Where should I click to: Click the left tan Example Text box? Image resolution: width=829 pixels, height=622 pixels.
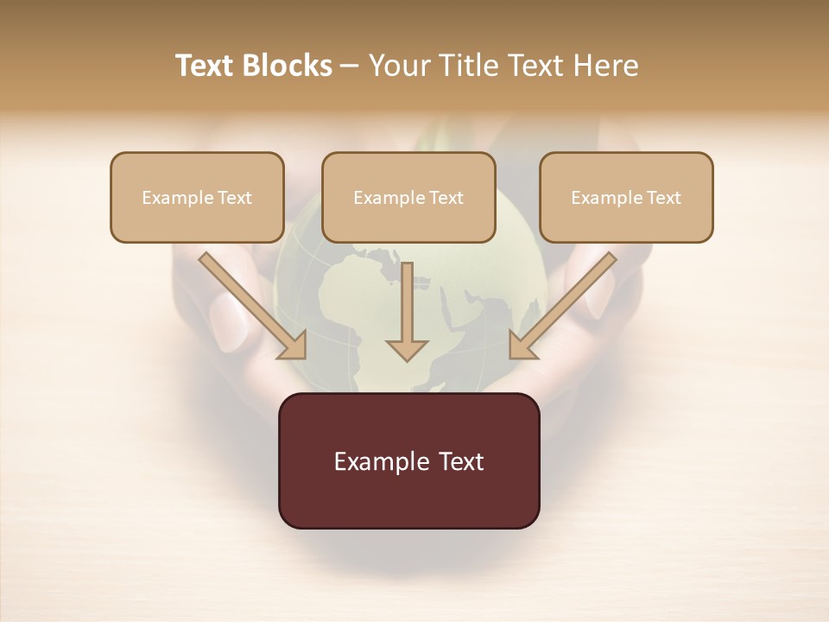pyautogui.click(x=197, y=197)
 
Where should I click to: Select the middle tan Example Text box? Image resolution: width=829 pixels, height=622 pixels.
pyautogui.click(x=408, y=197)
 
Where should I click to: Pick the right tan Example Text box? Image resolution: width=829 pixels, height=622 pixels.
pyautogui.click(x=626, y=197)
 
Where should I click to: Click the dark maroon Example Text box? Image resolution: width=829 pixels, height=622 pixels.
pyautogui.click(x=408, y=460)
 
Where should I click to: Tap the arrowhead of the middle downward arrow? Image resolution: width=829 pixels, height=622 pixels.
pyautogui.click(x=407, y=349)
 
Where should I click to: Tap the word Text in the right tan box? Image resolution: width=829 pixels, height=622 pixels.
pyautogui.click(x=663, y=198)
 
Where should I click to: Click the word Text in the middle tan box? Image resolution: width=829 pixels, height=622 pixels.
pyautogui.click(x=446, y=198)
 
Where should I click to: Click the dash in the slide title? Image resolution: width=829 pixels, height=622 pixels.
pyautogui.click(x=351, y=66)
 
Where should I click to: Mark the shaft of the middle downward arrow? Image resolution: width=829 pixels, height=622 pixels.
pyautogui.click(x=407, y=298)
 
